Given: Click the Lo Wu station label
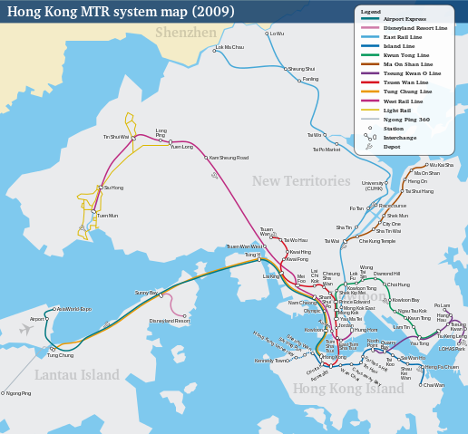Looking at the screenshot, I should click(x=278, y=34).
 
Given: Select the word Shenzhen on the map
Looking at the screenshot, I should click(x=186, y=33).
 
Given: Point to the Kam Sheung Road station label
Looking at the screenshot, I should click(x=229, y=158).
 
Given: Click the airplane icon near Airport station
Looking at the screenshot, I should click(x=26, y=330).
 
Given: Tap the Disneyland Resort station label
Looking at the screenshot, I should click(x=170, y=321).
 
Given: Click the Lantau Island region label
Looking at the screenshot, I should click(x=77, y=374).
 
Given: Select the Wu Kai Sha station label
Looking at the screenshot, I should click(x=442, y=165).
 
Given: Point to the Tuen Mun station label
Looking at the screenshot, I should click(x=107, y=216).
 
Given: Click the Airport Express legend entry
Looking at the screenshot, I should click(x=406, y=18).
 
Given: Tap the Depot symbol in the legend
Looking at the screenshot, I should click(x=368, y=146).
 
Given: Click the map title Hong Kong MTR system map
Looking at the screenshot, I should click(x=121, y=12).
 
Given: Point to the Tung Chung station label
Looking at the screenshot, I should click(x=60, y=355).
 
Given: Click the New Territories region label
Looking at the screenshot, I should click(x=300, y=181).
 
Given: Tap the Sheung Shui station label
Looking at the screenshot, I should click(x=301, y=69).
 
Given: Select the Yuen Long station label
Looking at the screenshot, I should click(x=182, y=146).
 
